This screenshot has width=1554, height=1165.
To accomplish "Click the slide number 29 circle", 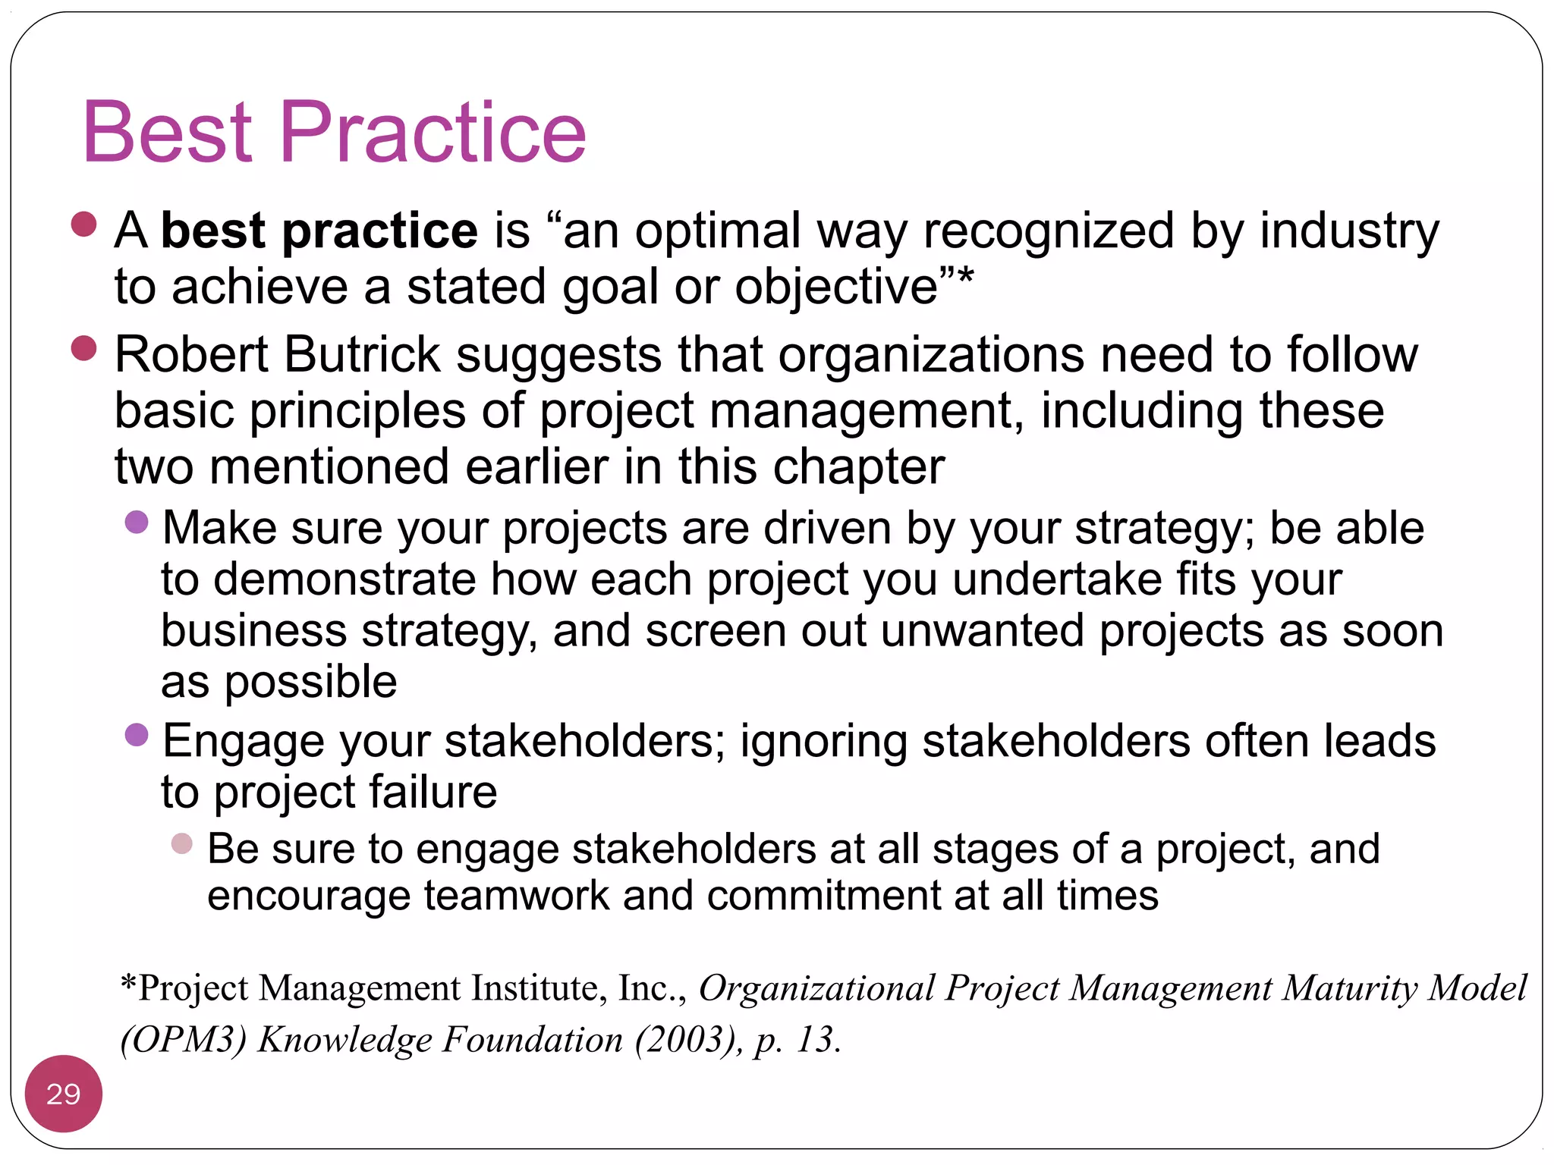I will click(63, 1093).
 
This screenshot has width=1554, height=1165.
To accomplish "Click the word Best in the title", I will click(167, 133).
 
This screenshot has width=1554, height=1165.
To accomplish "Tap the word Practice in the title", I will click(433, 133).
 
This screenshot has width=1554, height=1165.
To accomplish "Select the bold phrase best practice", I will click(319, 231).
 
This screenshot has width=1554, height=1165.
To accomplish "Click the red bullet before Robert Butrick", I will click(83, 348).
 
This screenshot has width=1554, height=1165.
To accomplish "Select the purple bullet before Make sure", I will click(137, 522).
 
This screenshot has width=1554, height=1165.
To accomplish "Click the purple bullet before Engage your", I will click(137, 734).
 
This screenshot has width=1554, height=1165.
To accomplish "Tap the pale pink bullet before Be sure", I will click(182, 843).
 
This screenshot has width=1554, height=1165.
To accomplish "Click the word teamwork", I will click(516, 896).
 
